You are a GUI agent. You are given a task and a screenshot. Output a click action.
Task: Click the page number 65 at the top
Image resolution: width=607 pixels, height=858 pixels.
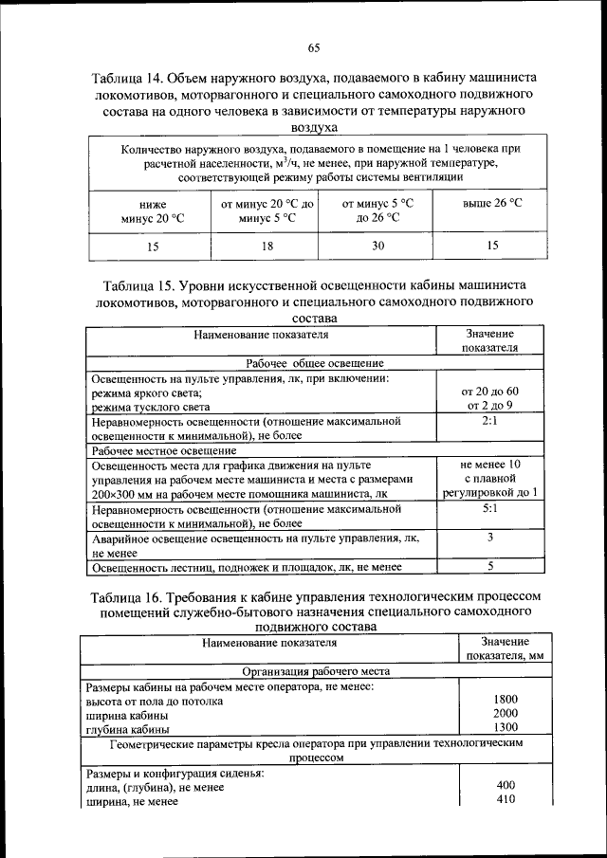tap(314, 49)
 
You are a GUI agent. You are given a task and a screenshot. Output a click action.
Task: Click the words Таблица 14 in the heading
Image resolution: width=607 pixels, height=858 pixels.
tap(129, 78)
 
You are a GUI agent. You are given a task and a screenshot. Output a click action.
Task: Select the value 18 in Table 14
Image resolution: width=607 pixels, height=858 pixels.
tap(268, 246)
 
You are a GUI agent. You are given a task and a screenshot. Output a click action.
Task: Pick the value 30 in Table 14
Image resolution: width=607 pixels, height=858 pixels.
tap(377, 246)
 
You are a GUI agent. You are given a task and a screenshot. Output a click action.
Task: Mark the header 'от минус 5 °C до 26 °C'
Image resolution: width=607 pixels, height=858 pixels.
tap(377, 210)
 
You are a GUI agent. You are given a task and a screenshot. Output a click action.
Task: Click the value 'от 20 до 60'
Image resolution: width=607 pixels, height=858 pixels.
tap(490, 392)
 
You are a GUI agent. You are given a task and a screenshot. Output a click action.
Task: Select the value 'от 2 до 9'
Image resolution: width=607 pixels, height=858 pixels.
tap(490, 406)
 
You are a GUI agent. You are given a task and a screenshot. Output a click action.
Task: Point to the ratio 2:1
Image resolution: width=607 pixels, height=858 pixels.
tap(490, 421)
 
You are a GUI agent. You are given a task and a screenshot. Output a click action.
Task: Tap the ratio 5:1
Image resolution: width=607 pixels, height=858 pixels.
tap(490, 508)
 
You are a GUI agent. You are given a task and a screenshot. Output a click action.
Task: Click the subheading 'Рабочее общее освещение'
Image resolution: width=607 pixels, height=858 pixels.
tap(315, 363)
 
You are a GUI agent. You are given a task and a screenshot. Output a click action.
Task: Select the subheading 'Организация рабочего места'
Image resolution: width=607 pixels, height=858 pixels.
tap(315, 670)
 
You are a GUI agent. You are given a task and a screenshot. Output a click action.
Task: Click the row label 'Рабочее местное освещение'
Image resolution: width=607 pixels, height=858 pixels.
tap(162, 450)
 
